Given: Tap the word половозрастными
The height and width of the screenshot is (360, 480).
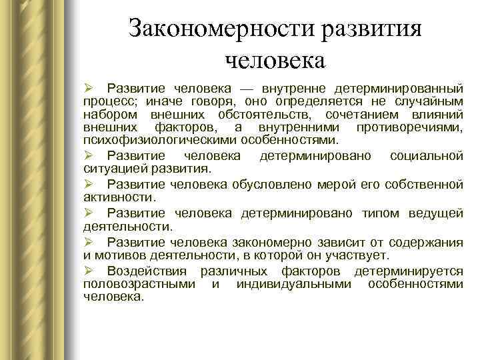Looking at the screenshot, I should click(139, 285).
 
